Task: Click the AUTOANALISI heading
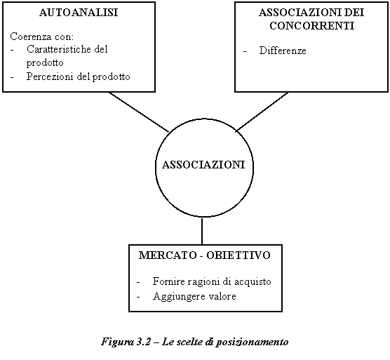(79, 13)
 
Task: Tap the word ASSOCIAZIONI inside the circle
(203, 165)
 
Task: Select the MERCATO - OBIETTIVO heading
(204, 255)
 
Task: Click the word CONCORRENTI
(312, 26)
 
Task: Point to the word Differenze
(283, 51)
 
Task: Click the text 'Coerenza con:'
(42, 36)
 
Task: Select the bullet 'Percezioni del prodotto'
(78, 76)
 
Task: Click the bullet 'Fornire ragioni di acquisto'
(212, 281)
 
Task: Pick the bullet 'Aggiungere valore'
(194, 296)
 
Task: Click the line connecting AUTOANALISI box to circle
(139, 112)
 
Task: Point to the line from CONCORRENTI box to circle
(262, 112)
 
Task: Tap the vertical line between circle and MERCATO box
(202, 231)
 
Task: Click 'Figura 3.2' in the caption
(126, 342)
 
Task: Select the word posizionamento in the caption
(252, 342)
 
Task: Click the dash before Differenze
(245, 51)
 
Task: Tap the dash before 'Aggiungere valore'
(138, 297)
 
